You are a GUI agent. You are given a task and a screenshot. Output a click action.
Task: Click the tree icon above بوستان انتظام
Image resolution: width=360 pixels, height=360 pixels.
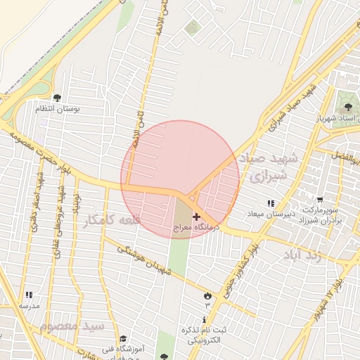[57, 98]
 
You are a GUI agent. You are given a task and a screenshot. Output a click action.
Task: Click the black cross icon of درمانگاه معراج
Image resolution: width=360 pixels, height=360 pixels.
[196, 217]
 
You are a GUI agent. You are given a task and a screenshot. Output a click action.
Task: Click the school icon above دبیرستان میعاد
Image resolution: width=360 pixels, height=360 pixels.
[271, 203]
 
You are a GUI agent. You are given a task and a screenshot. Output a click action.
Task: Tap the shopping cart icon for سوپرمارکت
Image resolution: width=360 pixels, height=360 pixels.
[321, 200]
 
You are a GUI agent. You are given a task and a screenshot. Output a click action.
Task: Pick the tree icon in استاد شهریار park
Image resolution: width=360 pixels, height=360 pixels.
[348, 107]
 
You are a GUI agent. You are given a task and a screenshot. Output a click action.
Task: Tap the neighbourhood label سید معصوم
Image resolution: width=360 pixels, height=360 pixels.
[72, 327]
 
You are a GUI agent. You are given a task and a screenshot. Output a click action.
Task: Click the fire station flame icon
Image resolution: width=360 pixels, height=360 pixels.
[207, 295]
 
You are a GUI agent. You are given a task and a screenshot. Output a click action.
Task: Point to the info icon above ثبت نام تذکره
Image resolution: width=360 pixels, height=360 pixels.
[204, 320]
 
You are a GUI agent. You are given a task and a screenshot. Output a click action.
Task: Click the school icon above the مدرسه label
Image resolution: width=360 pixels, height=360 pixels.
[29, 295]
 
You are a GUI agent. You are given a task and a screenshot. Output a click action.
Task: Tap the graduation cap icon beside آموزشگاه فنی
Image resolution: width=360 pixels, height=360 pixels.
[123, 340]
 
